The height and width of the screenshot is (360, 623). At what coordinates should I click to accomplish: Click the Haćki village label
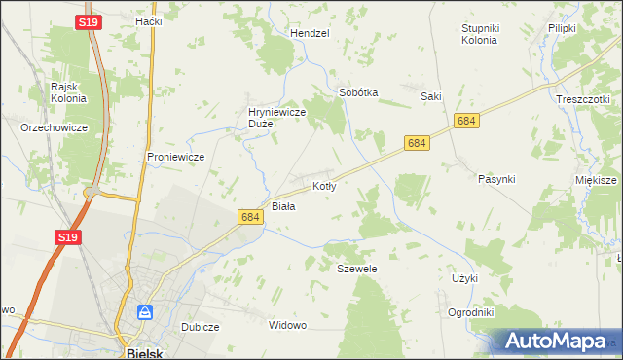pyautogui.click(x=148, y=20)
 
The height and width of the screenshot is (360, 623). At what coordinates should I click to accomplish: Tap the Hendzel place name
pyautogui.click(x=311, y=32)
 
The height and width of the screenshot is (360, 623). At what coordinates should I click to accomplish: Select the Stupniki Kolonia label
pyautogui.click(x=479, y=34)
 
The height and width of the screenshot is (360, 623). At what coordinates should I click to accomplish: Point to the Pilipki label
pyautogui.click(x=563, y=29)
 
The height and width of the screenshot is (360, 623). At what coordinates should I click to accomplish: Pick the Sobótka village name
pyautogui.click(x=357, y=92)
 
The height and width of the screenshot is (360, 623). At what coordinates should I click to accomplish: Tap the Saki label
pyautogui.click(x=431, y=96)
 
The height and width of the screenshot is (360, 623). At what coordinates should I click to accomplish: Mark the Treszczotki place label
pyautogui.click(x=582, y=99)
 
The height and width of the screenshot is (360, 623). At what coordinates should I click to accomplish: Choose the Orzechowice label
pyautogui.click(x=55, y=127)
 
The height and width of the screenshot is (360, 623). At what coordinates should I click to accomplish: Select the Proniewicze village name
pyautogui.click(x=174, y=157)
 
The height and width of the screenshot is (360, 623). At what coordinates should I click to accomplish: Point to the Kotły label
pyautogui.click(x=324, y=185)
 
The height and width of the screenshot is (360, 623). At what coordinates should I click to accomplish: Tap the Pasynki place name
pyautogui.click(x=496, y=179)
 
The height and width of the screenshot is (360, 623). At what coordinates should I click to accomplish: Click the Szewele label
pyautogui.click(x=356, y=268)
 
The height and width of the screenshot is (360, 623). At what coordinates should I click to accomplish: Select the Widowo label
pyautogui.click(x=287, y=325)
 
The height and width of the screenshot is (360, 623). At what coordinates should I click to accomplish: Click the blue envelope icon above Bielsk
pyautogui.click(x=145, y=312)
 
